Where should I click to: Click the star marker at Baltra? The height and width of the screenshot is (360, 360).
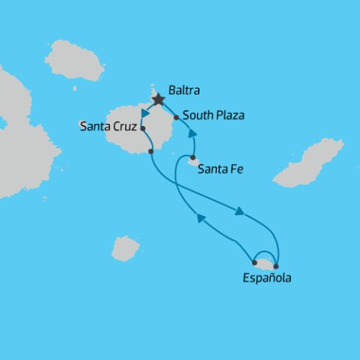point(158,98)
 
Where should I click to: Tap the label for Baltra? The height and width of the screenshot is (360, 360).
point(185,90)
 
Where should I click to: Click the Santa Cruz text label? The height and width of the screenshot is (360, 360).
point(108,127)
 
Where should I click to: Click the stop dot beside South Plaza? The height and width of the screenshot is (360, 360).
point(176,117)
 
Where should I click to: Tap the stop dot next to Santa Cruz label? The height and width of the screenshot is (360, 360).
point(142,128)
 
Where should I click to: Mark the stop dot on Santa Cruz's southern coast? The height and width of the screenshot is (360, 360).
point(151,151)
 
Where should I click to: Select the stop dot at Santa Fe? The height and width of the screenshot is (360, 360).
point(193,157)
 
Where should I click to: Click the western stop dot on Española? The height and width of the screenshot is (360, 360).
point(255,263)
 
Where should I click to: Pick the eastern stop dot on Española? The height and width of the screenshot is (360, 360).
point(276,266)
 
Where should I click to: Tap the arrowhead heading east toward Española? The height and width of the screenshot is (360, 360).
point(239,212)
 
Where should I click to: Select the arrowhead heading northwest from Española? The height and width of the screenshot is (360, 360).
point(201,217)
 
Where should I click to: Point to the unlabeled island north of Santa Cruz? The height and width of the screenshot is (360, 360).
point(74,61)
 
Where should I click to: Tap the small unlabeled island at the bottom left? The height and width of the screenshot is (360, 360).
point(125,247)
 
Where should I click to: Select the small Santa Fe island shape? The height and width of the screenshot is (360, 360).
point(193,161)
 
